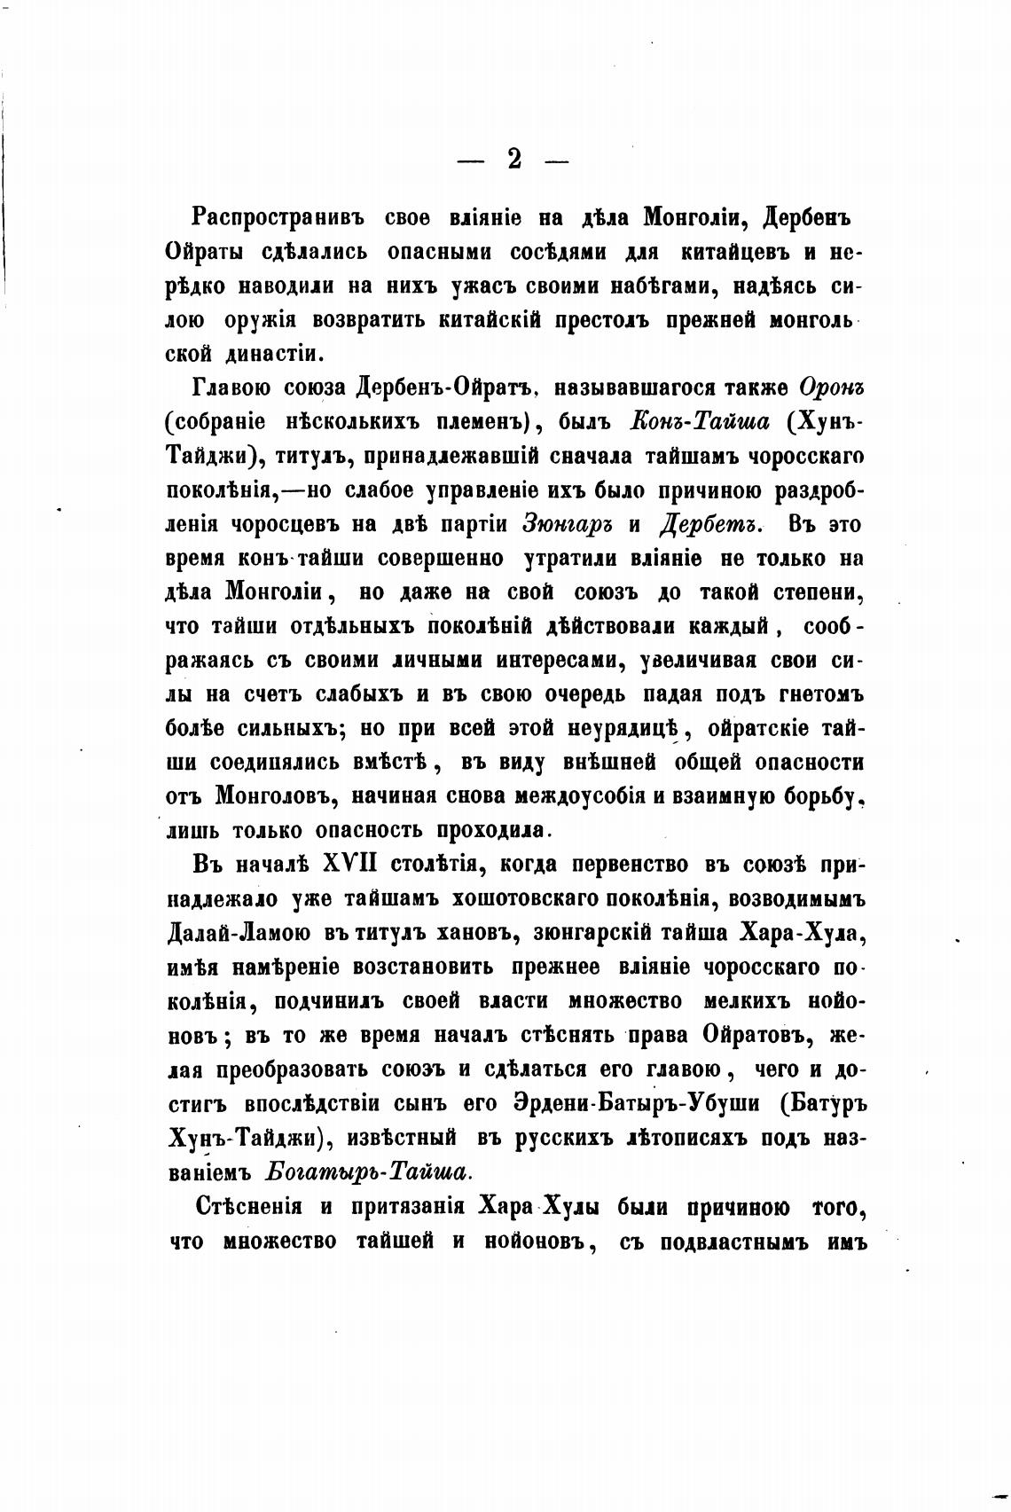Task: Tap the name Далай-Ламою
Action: coord(239,932)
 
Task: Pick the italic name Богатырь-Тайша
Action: coord(367,1171)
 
